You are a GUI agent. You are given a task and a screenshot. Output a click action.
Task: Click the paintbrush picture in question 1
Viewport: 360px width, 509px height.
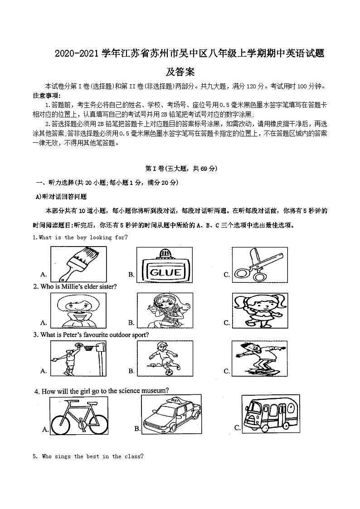73,264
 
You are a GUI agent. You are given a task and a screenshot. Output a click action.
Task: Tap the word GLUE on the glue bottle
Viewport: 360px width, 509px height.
165,272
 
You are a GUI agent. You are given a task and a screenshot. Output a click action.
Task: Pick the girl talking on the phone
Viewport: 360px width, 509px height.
162,310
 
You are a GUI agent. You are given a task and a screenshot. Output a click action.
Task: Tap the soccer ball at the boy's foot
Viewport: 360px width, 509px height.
168,373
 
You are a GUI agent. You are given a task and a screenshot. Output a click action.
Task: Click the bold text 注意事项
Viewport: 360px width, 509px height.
46,95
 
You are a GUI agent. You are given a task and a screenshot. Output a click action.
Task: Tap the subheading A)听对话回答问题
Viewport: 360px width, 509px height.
61,197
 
